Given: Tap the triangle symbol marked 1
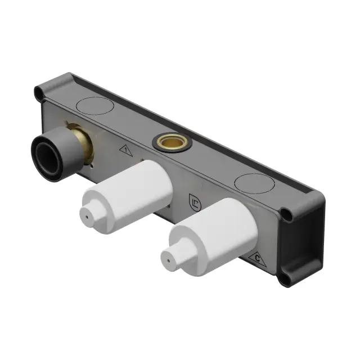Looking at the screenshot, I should coord(126,150).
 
